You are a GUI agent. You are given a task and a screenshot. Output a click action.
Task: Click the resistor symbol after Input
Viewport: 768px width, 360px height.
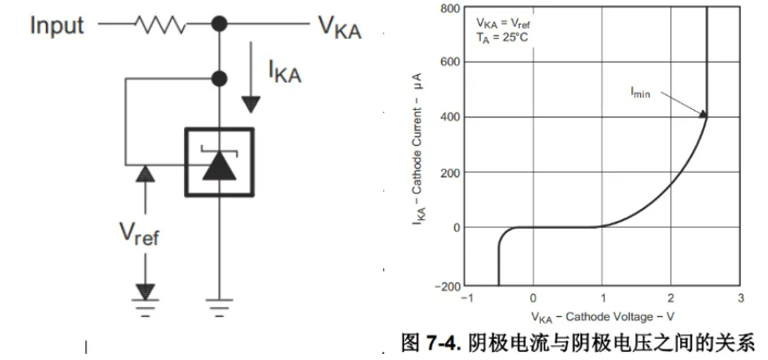pyautogui.click(x=159, y=26)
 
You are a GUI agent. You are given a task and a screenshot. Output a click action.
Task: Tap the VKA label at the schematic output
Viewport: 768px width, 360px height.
pyautogui.click(x=339, y=26)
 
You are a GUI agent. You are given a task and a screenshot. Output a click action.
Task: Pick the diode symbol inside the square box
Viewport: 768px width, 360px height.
pyautogui.click(x=218, y=163)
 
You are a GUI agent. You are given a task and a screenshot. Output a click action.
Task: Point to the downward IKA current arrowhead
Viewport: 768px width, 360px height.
pyautogui.click(x=251, y=104)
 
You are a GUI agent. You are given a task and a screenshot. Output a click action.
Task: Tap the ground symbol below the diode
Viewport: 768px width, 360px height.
pyautogui.click(x=218, y=307)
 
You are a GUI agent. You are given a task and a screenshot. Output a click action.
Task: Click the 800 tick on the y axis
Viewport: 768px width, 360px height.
pyautogui.click(x=451, y=9)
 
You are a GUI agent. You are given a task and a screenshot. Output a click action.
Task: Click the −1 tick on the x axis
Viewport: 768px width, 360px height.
pyautogui.click(x=468, y=298)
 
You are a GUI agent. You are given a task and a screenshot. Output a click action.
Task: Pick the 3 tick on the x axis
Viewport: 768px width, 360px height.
pyautogui.click(x=740, y=298)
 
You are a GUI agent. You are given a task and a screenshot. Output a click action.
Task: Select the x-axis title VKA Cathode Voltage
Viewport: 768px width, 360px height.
pyautogui.click(x=602, y=315)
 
